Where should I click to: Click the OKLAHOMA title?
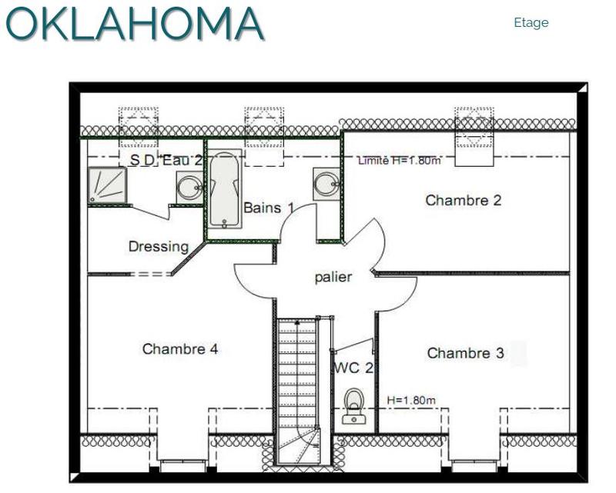click(x=134, y=23)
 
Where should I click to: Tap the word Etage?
click(x=531, y=23)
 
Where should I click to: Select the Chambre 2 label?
click(x=464, y=200)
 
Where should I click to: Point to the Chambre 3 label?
click(x=465, y=353)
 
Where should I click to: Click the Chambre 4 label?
click(x=180, y=348)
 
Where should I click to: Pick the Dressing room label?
click(x=159, y=247)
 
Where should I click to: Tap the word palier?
click(x=333, y=277)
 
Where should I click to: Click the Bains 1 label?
click(x=269, y=208)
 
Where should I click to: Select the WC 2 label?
click(x=353, y=368)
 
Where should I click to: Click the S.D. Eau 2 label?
click(x=166, y=160)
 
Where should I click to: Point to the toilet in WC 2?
click(x=354, y=406)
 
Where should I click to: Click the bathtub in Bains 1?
click(x=224, y=188)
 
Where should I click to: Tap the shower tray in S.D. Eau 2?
click(x=107, y=185)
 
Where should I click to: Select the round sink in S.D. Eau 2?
click(x=189, y=187)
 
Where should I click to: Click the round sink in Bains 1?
click(x=326, y=184)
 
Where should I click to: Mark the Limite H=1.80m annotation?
click(x=399, y=161)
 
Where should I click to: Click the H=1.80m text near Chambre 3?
click(x=411, y=401)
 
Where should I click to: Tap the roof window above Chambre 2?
click(x=474, y=136)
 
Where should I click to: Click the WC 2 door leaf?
click(x=353, y=345)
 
